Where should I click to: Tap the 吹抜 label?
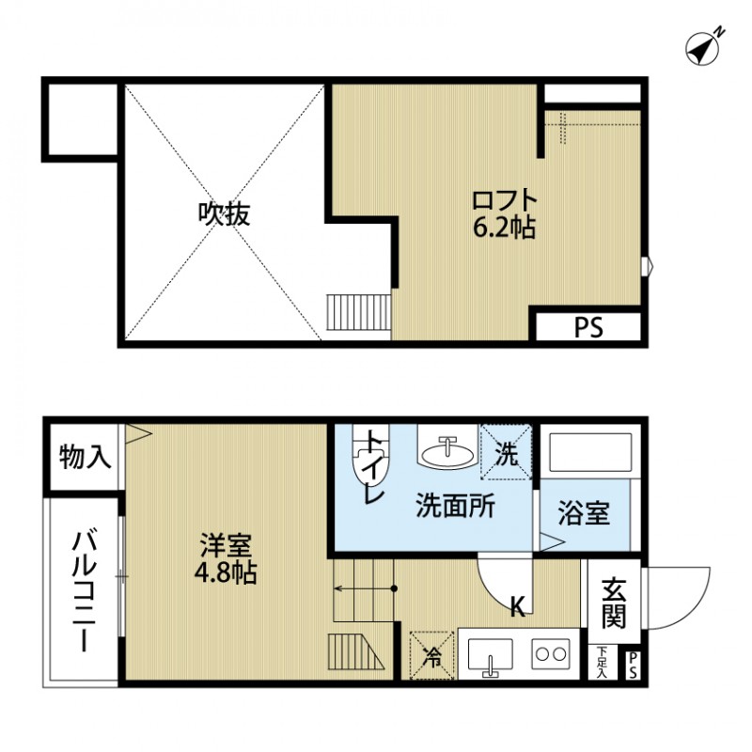pyautogui.click(x=223, y=215)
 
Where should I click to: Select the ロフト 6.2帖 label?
pyautogui.click(x=504, y=213)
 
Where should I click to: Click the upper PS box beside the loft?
pyautogui.click(x=588, y=328)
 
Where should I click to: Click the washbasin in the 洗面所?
pyautogui.click(x=445, y=452)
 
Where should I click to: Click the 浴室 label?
pyautogui.click(x=584, y=514)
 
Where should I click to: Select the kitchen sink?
pyautogui.click(x=489, y=654)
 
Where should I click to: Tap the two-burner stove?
pyautogui.click(x=551, y=653)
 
